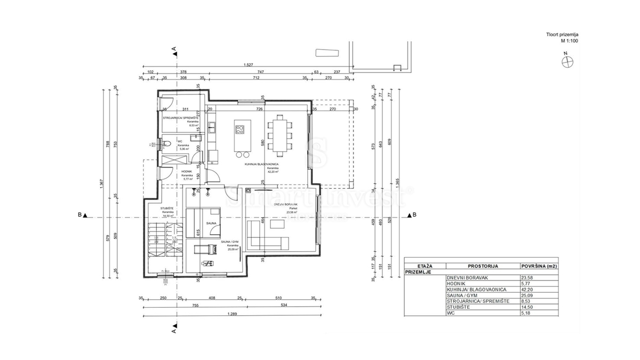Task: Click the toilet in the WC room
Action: click(166, 143)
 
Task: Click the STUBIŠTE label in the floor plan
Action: click(169, 208)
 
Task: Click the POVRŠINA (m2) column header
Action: click(539, 266)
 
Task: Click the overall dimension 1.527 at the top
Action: click(248, 65)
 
